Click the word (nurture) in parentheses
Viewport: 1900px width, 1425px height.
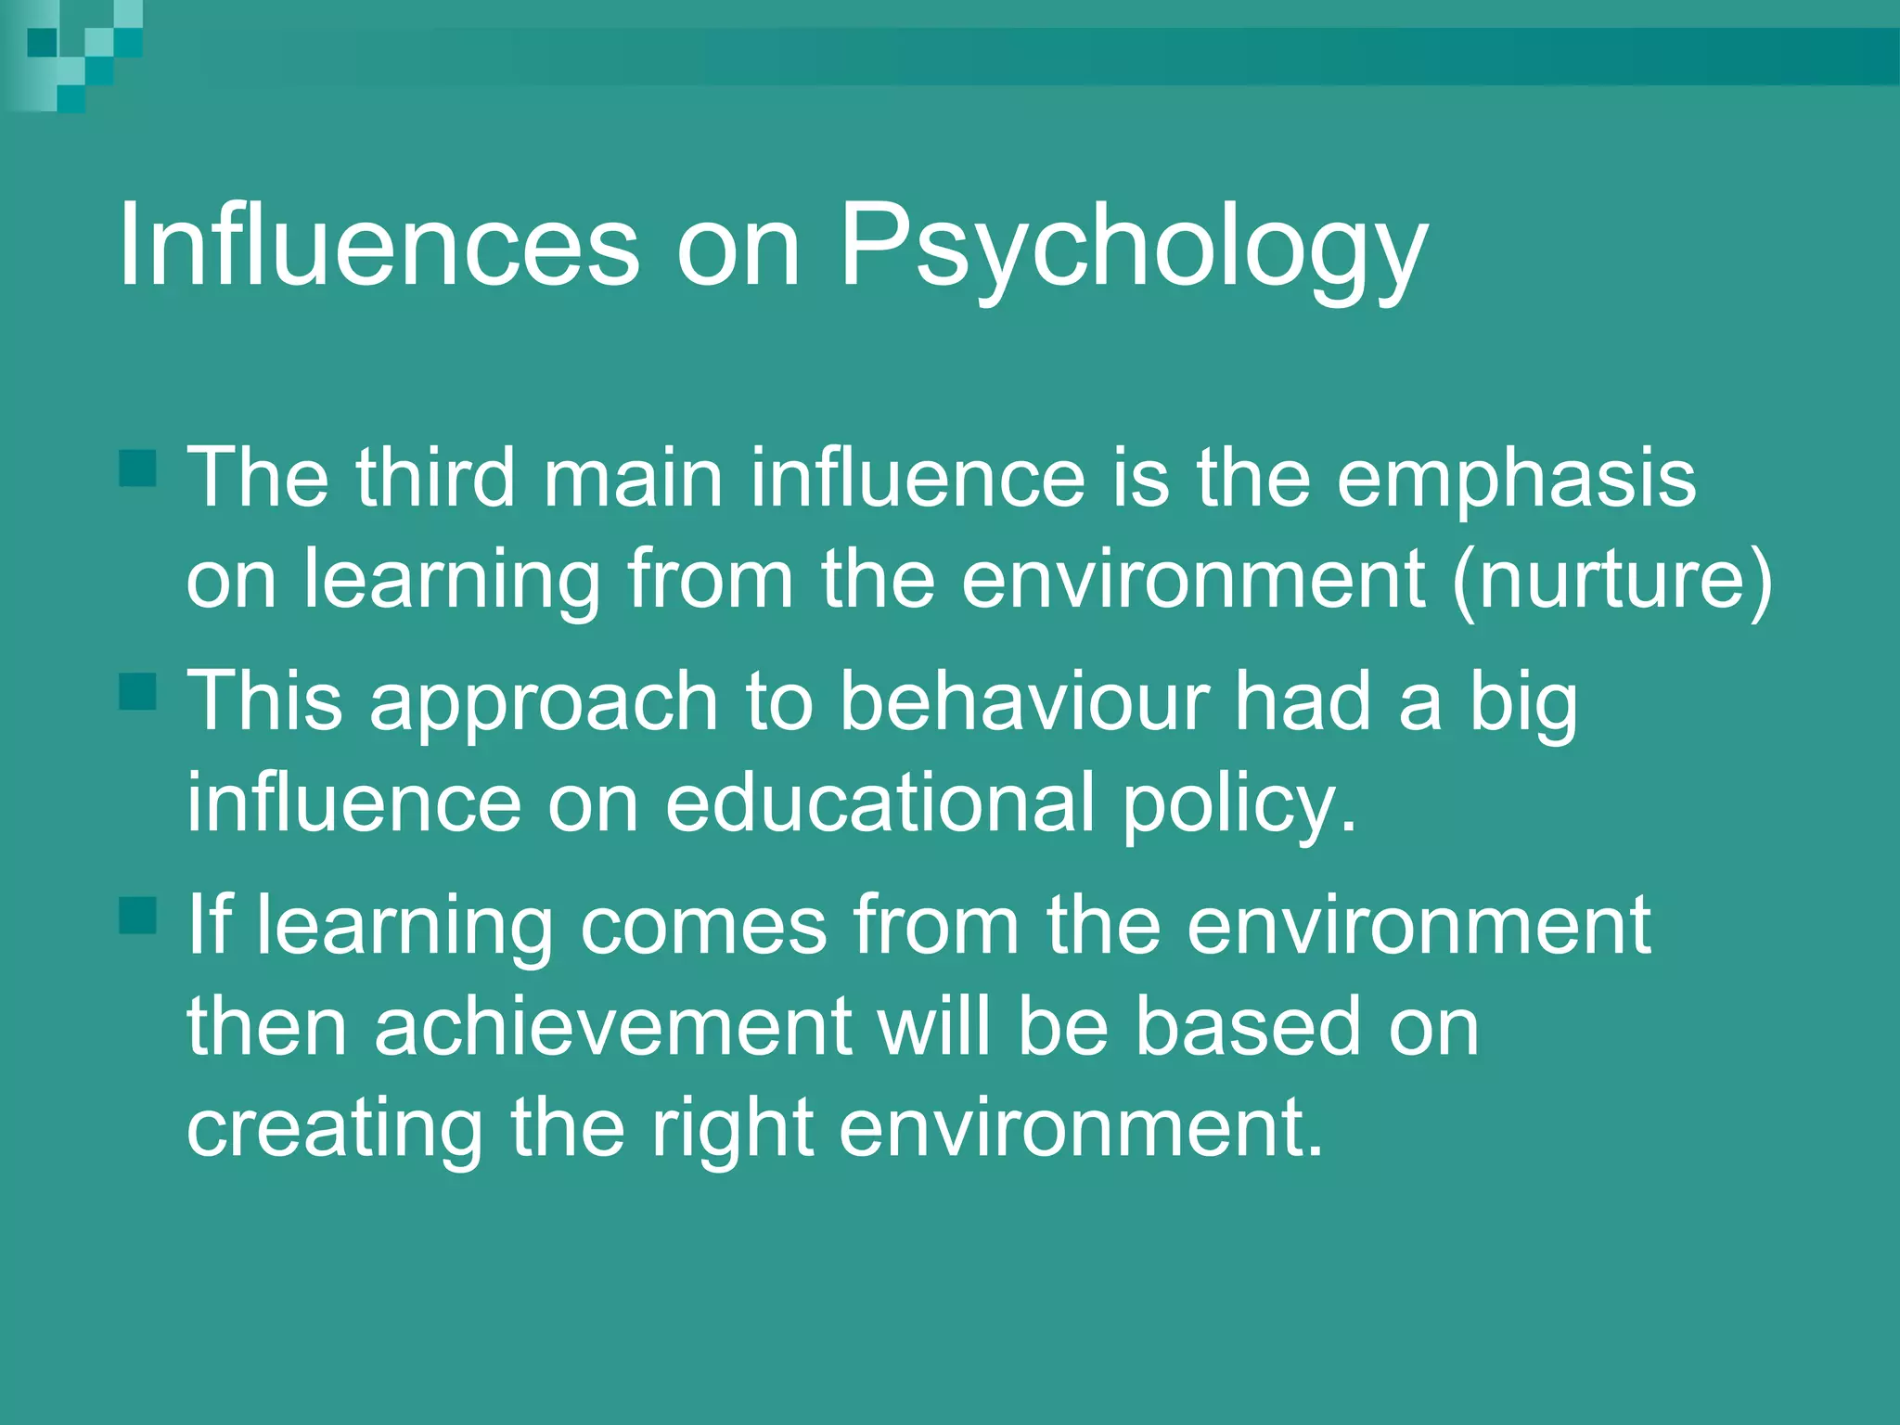click(1612, 580)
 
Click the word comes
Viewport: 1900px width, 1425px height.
click(703, 925)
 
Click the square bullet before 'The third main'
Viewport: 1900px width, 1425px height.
click(138, 468)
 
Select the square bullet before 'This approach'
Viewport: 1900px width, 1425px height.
click(138, 691)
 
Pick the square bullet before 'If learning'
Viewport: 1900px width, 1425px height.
click(138, 915)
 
